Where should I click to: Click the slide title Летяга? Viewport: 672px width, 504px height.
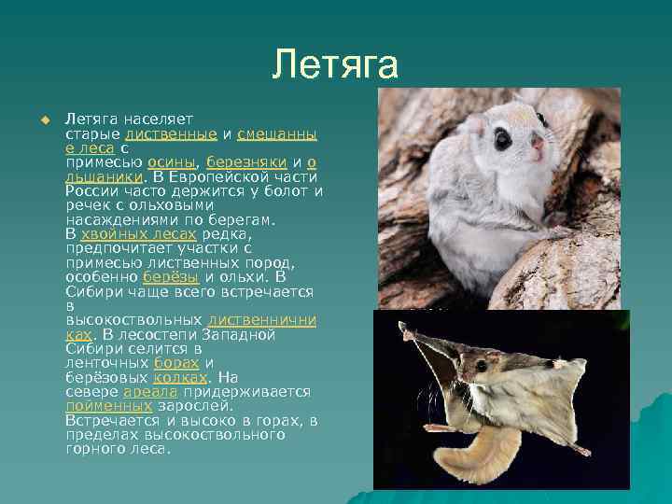click(x=335, y=64)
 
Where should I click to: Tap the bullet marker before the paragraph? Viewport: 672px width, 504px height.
click(x=41, y=119)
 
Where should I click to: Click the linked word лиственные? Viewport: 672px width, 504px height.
click(x=177, y=133)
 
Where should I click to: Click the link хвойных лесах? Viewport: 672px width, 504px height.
click(x=139, y=234)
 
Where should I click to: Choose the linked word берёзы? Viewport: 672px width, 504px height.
click(x=172, y=277)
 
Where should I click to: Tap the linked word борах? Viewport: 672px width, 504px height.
click(x=176, y=362)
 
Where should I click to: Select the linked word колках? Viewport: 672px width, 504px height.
click(x=180, y=377)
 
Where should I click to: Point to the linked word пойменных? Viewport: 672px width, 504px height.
click(x=108, y=406)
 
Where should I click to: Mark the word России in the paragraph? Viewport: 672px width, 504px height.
click(x=91, y=190)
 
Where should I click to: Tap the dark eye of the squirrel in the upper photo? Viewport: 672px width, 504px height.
click(x=503, y=140)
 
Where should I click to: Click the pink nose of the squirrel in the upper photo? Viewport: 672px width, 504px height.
click(x=538, y=143)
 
